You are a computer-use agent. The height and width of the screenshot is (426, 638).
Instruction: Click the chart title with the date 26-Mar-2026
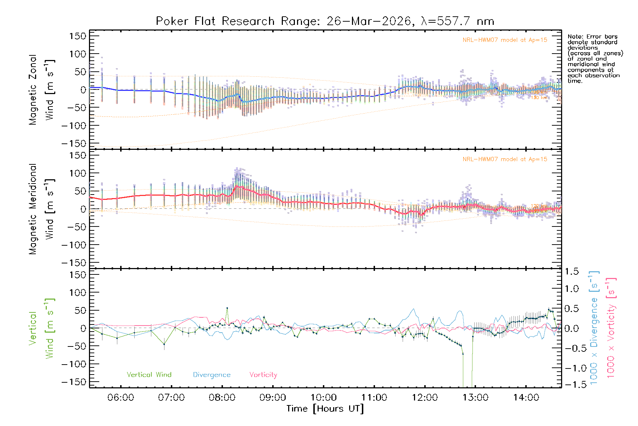pyautogui.click(x=325, y=21)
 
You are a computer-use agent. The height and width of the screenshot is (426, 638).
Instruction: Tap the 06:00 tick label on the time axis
pyautogui.click(x=121, y=398)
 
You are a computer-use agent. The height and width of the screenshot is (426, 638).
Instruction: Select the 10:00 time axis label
pyautogui.click(x=323, y=398)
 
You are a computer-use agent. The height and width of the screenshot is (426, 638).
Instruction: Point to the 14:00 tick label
pyautogui.click(x=526, y=398)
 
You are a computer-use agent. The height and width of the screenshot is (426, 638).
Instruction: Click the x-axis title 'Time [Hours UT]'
pyautogui.click(x=325, y=409)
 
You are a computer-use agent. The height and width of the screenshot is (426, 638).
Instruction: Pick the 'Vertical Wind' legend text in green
pyautogui.click(x=149, y=375)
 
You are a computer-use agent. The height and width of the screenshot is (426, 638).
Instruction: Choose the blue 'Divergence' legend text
pyautogui.click(x=212, y=375)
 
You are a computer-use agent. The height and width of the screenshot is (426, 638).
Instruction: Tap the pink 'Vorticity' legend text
pyautogui.click(x=263, y=375)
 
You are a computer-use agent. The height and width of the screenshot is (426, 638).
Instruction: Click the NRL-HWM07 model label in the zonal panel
pyautogui.click(x=505, y=40)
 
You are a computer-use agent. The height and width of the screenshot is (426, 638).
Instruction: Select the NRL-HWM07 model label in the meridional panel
pyautogui.click(x=505, y=159)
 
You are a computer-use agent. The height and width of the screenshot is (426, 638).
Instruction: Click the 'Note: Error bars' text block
pyautogui.click(x=595, y=59)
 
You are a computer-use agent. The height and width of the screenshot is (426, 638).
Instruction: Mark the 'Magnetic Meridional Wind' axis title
pyautogui.click(x=41, y=209)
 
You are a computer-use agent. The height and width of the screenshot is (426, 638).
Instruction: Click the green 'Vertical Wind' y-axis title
pyautogui.click(x=41, y=328)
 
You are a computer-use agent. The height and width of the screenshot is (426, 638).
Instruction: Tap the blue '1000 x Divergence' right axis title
pyautogui.click(x=594, y=328)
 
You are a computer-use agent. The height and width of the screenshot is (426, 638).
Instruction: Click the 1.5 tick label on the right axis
pyautogui.click(x=572, y=272)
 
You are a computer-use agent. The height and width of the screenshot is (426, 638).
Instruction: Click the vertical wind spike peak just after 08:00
pyautogui.click(x=227, y=308)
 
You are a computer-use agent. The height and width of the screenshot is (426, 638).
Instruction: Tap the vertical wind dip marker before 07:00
pyautogui.click(x=164, y=344)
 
